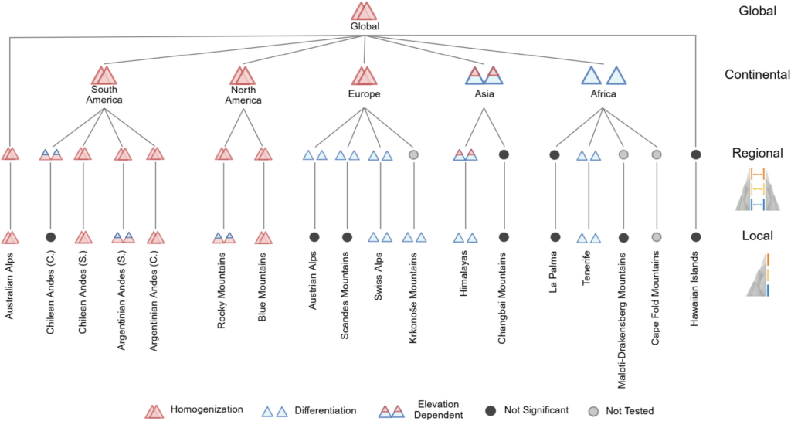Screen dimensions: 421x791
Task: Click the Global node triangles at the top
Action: [x=365, y=11]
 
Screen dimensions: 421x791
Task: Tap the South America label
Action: [x=104, y=93]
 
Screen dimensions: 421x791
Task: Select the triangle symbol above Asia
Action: [x=484, y=75]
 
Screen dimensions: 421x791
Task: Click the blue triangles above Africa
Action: [x=603, y=75]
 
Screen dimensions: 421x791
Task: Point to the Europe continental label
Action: [x=365, y=94]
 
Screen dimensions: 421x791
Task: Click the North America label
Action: [x=242, y=93]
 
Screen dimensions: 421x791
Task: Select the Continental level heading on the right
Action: [x=757, y=75]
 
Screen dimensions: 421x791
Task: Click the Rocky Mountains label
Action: [x=222, y=290]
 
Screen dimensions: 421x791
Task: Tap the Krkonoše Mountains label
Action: [x=412, y=297]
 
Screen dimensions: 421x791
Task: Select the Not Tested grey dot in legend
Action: [x=594, y=411]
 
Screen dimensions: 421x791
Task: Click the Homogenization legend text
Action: [x=206, y=409]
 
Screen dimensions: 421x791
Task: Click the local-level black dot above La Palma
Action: [x=554, y=237]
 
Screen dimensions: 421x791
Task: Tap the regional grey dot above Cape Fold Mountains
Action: [x=656, y=154]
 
